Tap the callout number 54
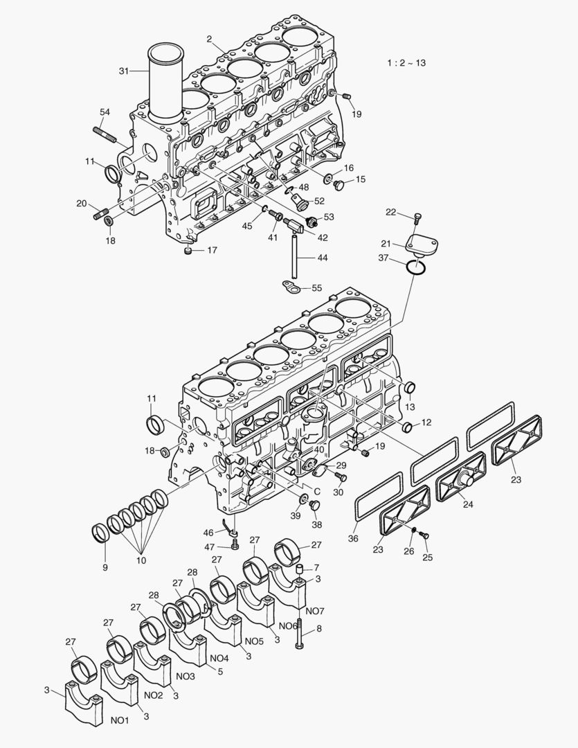click(105, 112)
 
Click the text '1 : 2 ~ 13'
click(406, 63)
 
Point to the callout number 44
click(323, 258)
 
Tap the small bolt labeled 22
click(417, 219)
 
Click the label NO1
click(120, 721)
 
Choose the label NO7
click(314, 611)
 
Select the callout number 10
click(141, 560)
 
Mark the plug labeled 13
click(410, 387)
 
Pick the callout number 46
click(208, 532)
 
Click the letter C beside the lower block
click(317, 491)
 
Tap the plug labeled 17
click(188, 251)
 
